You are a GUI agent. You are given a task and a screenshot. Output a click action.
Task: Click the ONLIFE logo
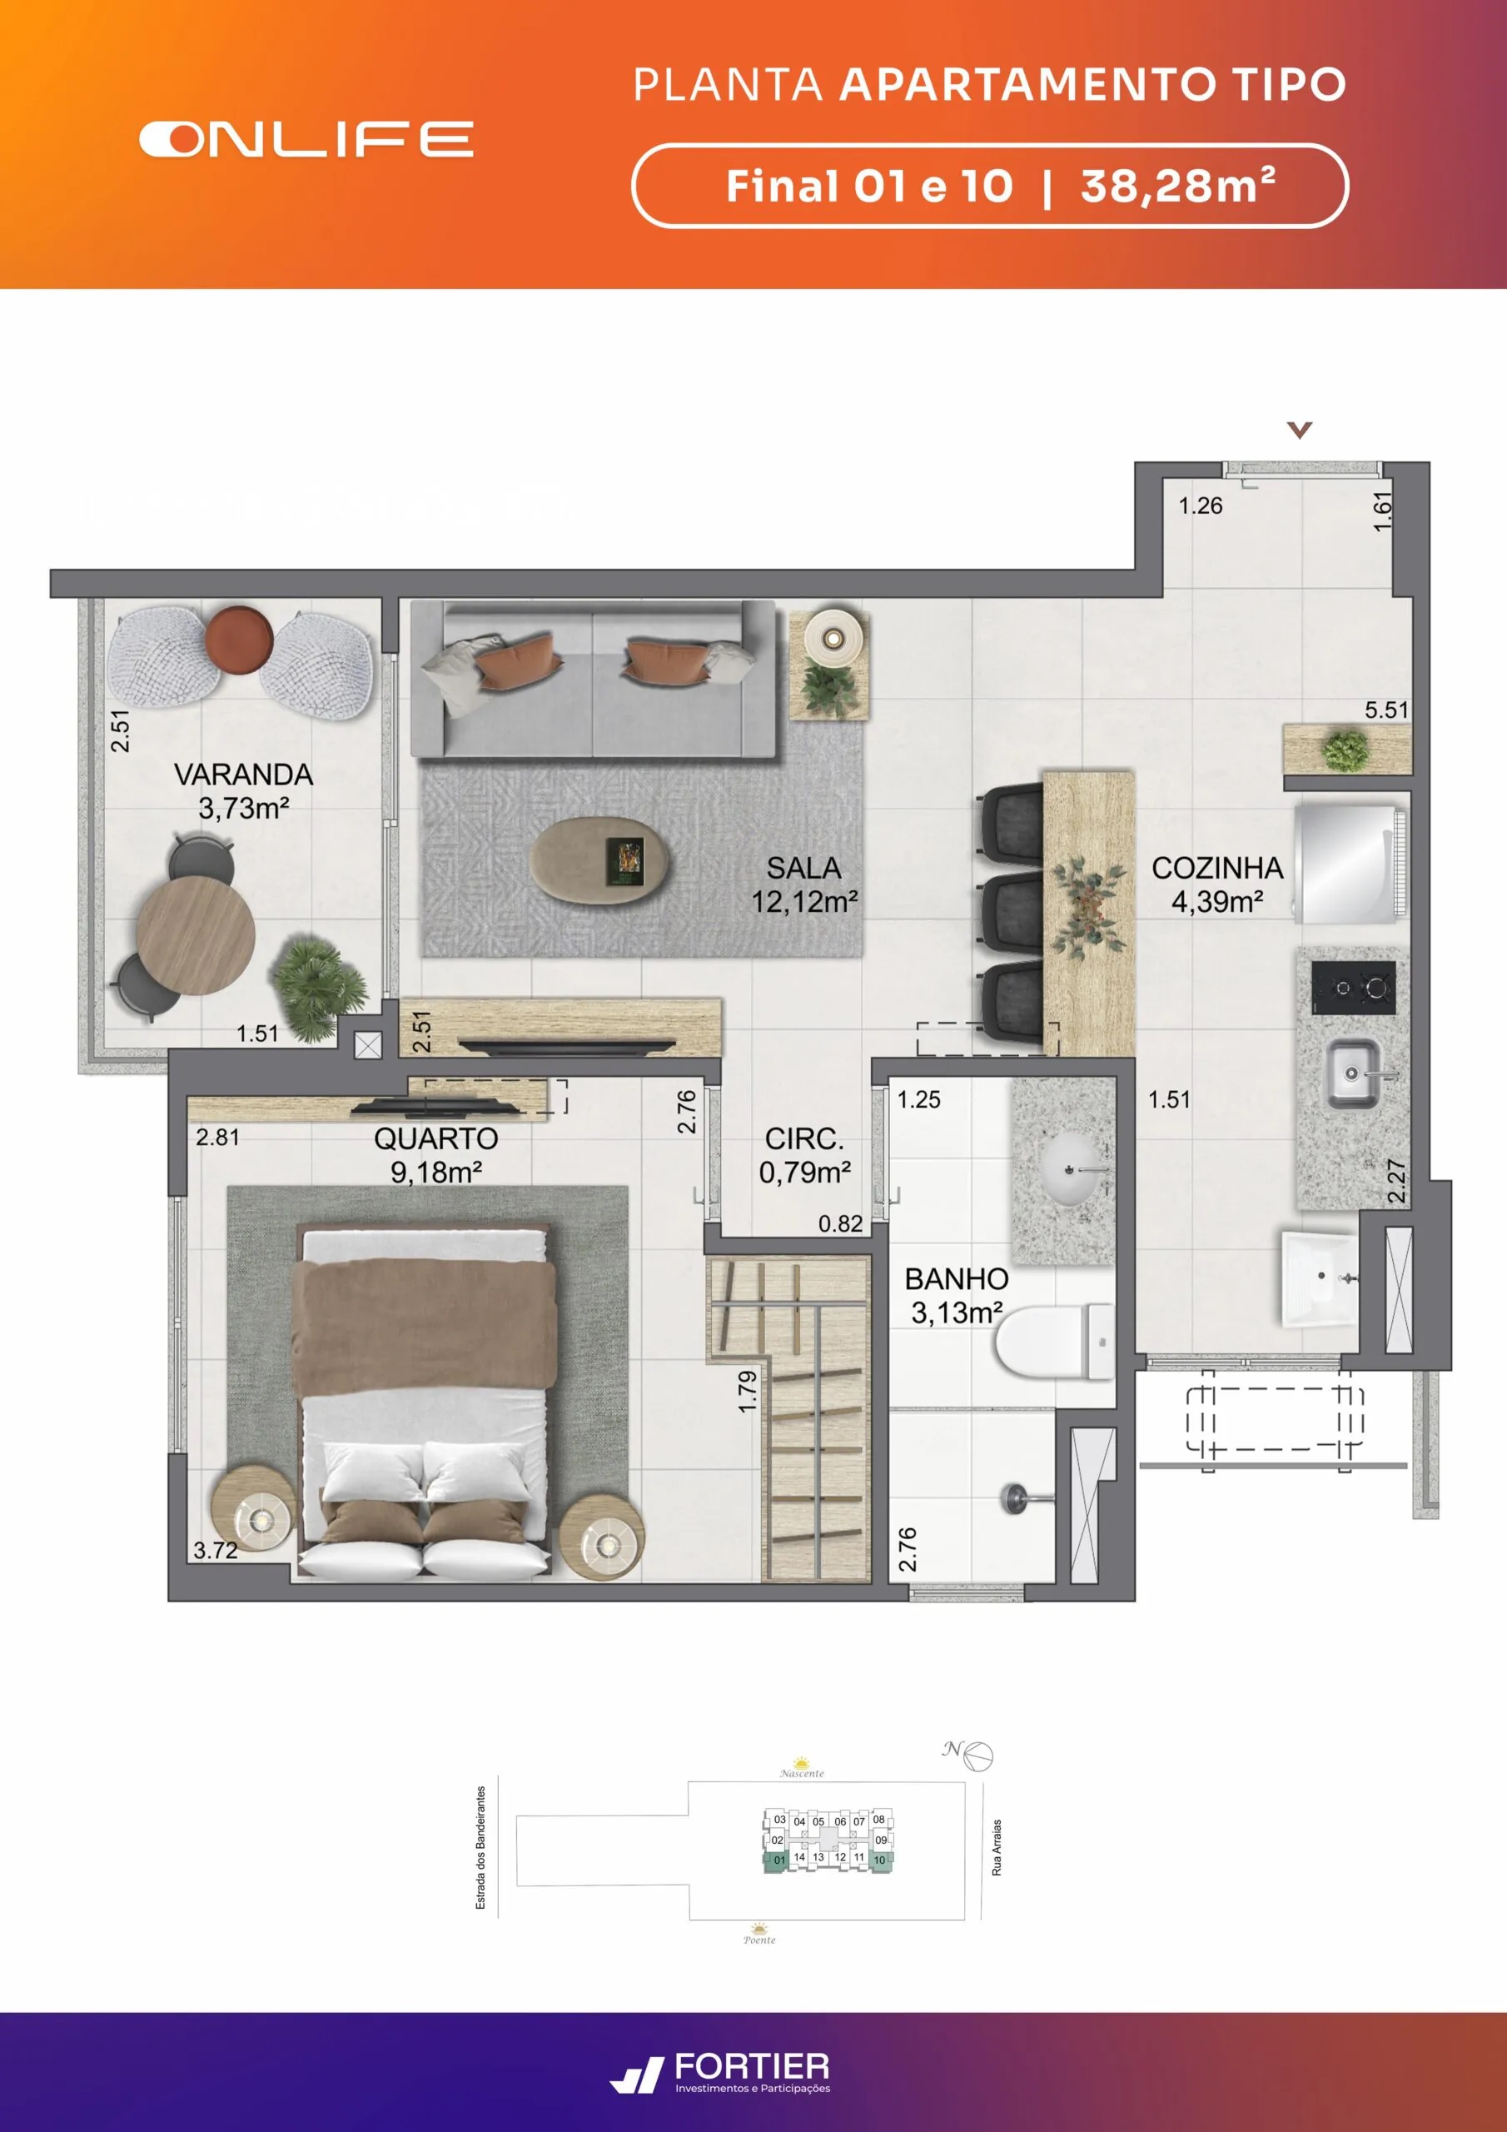[306, 139]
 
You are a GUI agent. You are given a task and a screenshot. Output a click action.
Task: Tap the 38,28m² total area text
[1178, 185]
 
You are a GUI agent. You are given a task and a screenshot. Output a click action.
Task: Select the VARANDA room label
[243, 775]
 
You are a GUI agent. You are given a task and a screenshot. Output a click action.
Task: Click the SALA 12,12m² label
[804, 884]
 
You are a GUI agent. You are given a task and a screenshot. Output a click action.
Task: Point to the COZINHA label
[1217, 869]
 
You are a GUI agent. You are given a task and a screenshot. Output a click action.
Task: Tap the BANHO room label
[957, 1278]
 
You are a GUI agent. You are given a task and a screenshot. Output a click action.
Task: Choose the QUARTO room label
[435, 1138]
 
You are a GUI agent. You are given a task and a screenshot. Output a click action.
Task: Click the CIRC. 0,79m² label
[805, 1155]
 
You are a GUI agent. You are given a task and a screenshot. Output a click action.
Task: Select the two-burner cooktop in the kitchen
[1353, 987]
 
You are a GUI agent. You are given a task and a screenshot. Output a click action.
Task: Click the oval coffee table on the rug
[599, 859]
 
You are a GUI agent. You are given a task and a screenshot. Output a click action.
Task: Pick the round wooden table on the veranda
[196, 936]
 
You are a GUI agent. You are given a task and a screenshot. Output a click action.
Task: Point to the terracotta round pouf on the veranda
[239, 639]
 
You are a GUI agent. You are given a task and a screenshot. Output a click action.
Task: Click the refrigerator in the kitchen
[1351, 864]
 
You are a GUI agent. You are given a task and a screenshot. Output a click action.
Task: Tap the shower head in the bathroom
[1014, 1497]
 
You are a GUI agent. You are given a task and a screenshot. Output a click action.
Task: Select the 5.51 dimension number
[1386, 710]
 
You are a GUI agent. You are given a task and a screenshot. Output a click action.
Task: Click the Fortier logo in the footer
[719, 2073]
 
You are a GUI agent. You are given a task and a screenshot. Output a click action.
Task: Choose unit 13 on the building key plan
[818, 1857]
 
